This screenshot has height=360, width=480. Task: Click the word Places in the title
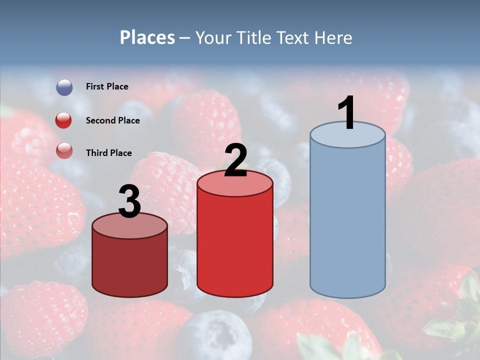point(147,37)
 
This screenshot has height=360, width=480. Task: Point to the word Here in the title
point(334,37)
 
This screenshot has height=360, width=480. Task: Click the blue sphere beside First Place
point(64,87)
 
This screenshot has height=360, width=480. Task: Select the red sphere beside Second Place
point(64,120)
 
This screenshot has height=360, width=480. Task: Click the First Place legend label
point(107,86)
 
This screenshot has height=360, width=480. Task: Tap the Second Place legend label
point(113,120)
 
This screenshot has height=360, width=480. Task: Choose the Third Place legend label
point(109,153)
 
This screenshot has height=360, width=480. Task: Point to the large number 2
point(236,161)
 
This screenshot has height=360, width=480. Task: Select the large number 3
point(130,202)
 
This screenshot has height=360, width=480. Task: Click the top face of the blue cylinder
point(347,135)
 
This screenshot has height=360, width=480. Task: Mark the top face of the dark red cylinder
point(130,226)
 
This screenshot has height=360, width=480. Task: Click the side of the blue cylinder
point(347,220)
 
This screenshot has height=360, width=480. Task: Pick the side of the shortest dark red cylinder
point(130,265)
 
